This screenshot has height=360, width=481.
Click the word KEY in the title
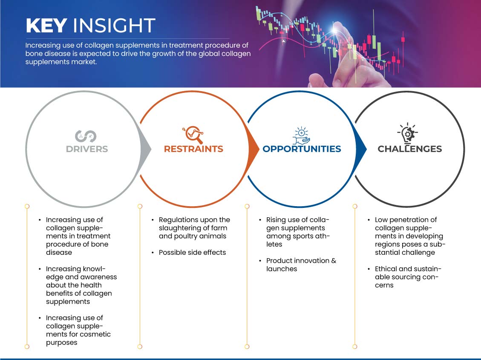coord(46,26)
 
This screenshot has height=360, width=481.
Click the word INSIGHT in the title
coord(114,26)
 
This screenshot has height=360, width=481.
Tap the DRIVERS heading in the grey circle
coord(87,149)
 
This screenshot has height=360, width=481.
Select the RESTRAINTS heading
coord(193,149)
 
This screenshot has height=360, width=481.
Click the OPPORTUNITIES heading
coord(302,149)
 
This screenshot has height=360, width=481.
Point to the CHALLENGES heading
coord(409,149)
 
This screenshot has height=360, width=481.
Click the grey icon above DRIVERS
coord(86,135)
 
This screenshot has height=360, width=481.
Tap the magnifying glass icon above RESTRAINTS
coord(193,135)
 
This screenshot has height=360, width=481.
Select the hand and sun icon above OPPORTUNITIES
coord(301,135)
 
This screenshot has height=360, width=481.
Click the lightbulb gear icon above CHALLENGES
coord(409,133)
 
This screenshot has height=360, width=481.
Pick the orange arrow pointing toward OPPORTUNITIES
coord(254,149)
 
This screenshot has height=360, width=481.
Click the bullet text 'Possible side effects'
coord(192,252)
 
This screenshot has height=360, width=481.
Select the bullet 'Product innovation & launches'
coord(301,265)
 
